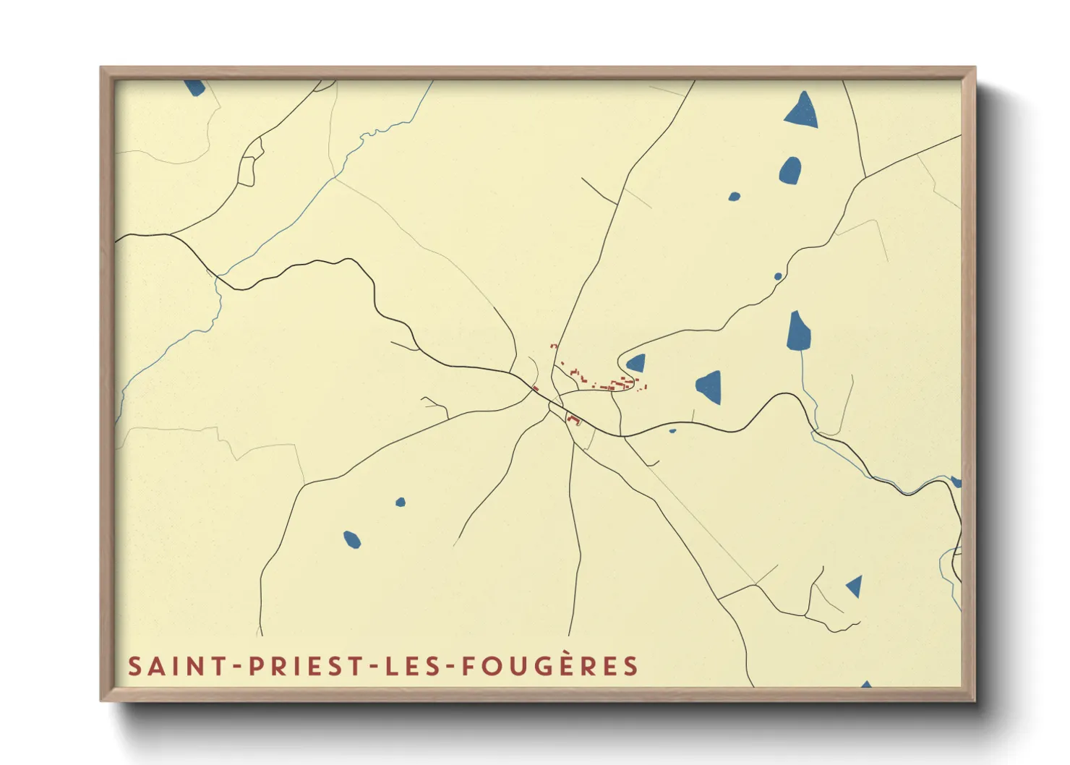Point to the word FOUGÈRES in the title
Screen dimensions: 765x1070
[x=550, y=666]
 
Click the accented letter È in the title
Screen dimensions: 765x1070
[x=571, y=665]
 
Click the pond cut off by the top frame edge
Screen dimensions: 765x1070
[x=194, y=87]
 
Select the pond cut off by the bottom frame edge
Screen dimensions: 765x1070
[x=865, y=684]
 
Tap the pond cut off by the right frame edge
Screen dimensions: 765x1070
[x=956, y=482]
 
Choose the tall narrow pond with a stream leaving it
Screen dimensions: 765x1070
[x=798, y=332]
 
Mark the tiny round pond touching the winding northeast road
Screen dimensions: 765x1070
[x=778, y=276]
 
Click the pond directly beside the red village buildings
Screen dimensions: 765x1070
[x=636, y=363]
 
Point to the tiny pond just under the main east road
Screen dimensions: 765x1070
[x=672, y=431]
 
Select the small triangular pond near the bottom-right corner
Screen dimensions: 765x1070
[x=855, y=586]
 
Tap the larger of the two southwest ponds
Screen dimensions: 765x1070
[x=351, y=539]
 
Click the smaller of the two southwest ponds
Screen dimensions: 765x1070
[x=400, y=502]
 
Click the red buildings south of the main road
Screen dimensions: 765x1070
[x=574, y=419]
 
